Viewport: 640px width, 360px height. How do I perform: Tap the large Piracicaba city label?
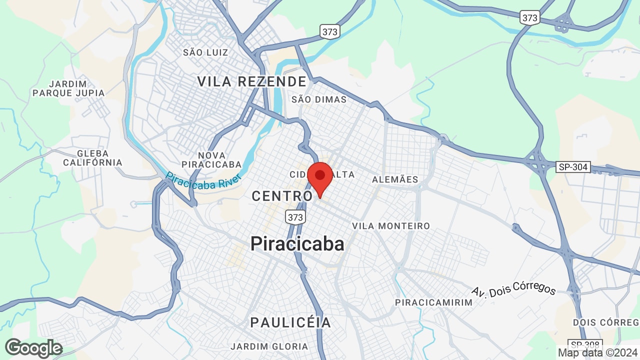coord(297,244)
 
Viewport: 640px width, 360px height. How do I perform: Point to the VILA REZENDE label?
coord(251,81)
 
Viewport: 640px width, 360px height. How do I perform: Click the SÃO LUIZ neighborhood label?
coord(205,52)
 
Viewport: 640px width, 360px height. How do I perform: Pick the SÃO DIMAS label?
coord(318,99)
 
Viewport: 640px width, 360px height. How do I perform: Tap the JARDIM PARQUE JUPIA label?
coord(68,88)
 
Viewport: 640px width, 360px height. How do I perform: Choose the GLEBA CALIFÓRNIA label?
coord(92,158)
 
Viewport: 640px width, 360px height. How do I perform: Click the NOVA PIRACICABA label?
coord(211,160)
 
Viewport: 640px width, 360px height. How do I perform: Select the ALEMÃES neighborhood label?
coord(395,179)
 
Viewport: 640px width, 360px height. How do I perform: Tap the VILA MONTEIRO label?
coord(391,226)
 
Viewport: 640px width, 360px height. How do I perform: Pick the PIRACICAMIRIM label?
coord(433,302)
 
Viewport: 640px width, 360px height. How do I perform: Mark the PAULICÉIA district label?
coord(290,322)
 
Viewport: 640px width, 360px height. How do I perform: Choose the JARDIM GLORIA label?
coord(269,346)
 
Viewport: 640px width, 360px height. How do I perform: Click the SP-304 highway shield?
coord(573,167)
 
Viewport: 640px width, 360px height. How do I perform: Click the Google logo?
coord(33,348)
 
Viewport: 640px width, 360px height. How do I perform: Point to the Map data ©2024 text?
coord(597,352)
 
